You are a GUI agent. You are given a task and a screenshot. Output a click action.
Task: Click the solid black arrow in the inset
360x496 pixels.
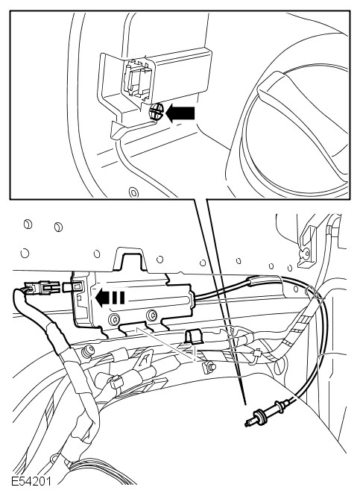point(180,113)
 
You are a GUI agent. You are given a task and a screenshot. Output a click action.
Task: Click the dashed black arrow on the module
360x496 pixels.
point(110,298)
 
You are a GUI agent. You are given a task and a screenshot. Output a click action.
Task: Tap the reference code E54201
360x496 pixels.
point(31,481)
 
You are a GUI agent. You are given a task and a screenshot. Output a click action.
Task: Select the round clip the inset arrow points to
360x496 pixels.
point(156,111)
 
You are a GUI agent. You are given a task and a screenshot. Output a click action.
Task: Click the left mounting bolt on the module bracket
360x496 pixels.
point(113,319)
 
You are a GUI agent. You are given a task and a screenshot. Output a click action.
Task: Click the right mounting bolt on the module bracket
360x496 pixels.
point(152,315)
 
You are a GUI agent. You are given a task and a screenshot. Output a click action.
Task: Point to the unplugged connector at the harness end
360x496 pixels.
point(42,288)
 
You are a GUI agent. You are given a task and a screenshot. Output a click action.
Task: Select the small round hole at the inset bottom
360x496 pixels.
point(133,192)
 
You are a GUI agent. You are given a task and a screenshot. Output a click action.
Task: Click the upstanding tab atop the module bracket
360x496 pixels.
point(130,259)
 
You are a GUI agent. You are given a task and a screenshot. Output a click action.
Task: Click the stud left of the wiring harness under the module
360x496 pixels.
point(87,351)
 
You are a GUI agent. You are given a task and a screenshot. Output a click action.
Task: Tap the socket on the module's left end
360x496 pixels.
point(77,287)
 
